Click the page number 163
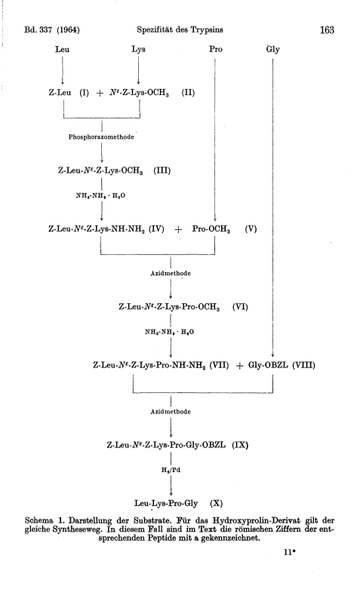[x=327, y=29]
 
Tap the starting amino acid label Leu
[x=62, y=49]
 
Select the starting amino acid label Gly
[x=273, y=50]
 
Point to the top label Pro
[x=216, y=49]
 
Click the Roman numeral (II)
[x=188, y=93]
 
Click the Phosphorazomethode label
[x=101, y=137]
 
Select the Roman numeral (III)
[x=162, y=170]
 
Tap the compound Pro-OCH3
[x=211, y=229]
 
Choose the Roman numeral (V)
[x=251, y=228]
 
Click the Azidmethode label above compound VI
[x=171, y=274]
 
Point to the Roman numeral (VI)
[x=240, y=307]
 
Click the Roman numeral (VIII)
[x=304, y=365]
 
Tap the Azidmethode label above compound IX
[x=171, y=412]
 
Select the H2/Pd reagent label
[x=171, y=471]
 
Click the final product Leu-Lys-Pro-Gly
[x=166, y=504]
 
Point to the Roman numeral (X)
[x=216, y=504]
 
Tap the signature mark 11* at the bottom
[x=290, y=552]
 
